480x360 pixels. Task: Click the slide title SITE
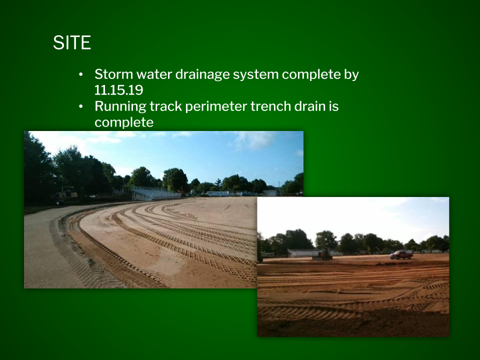click(72, 42)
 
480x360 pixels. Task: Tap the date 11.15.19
click(119, 90)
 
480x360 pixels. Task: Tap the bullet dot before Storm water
click(81, 74)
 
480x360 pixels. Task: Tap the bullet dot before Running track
click(81, 106)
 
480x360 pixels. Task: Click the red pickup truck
click(401, 254)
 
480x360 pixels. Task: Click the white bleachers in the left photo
click(155, 193)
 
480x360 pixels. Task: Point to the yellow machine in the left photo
click(66, 194)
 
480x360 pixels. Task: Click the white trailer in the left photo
click(217, 193)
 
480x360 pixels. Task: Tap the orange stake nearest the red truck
click(396, 263)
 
